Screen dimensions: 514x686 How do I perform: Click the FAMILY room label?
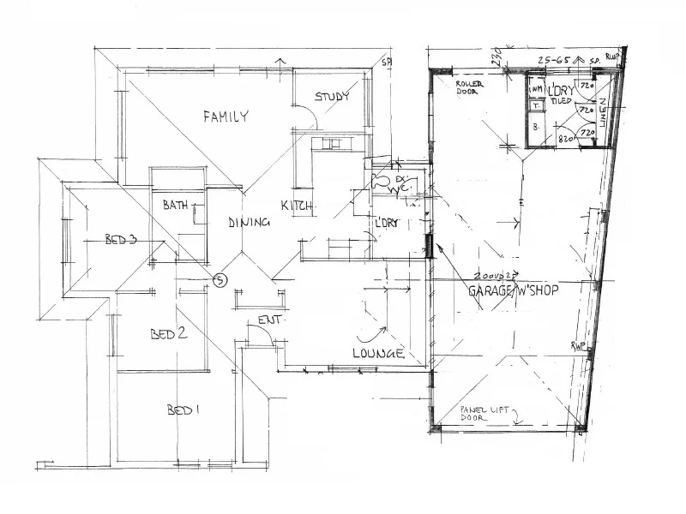pos(226,117)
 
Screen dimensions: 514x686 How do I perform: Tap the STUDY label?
pos(332,97)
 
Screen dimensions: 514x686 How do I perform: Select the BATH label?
pos(176,205)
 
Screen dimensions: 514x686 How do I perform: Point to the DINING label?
pos(250,223)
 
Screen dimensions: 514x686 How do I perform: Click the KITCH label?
pos(297,206)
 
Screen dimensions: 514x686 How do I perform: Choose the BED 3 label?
pos(121,240)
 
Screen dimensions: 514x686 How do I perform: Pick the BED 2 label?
pos(169,334)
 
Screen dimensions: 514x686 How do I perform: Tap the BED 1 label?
pos(184,409)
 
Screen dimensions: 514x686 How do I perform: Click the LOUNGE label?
pos(377,353)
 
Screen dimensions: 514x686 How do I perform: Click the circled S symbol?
pos(220,278)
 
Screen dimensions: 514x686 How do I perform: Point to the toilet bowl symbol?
pos(380,182)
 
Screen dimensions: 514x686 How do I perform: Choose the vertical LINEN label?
pos(602,114)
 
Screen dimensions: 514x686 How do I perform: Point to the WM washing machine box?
pos(536,89)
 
